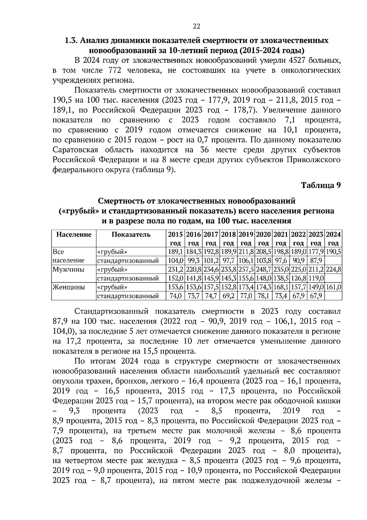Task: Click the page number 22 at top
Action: (x=196, y=26)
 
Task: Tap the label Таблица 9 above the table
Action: (x=321, y=185)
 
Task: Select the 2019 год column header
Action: (x=247, y=239)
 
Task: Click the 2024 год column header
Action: (x=333, y=239)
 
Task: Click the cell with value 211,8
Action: (x=247, y=252)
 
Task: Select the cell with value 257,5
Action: (x=247, y=270)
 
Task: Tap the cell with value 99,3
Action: (x=193, y=261)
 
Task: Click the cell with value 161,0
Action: (x=333, y=287)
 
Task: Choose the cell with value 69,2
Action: (x=229, y=296)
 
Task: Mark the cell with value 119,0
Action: (x=316, y=278)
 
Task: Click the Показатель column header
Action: (x=131, y=235)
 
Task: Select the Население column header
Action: (x=74, y=235)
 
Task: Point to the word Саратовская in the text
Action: (x=75, y=150)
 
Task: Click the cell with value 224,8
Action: (x=333, y=270)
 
